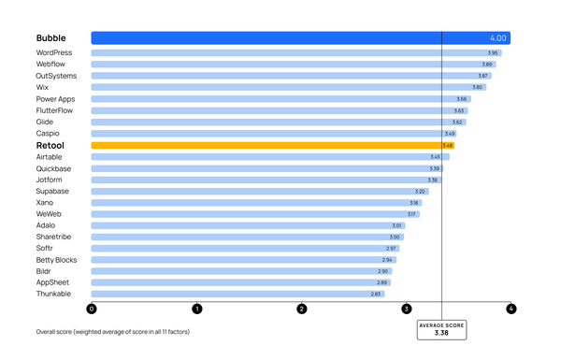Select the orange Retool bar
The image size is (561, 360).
[271, 146]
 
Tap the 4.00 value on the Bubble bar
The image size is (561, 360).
[497, 38]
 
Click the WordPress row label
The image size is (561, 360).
[54, 53]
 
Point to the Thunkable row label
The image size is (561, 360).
[53, 294]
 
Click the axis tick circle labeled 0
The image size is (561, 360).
[92, 309]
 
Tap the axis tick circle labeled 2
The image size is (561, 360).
[301, 309]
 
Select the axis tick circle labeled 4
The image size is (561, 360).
[511, 309]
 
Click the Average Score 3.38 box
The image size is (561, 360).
[441, 328]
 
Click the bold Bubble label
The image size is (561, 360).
[51, 38]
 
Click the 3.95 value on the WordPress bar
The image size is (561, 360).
[493, 53]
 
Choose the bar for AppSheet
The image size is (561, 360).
[240, 282]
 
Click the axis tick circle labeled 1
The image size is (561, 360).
[196, 309]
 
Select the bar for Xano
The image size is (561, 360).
[255, 203]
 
